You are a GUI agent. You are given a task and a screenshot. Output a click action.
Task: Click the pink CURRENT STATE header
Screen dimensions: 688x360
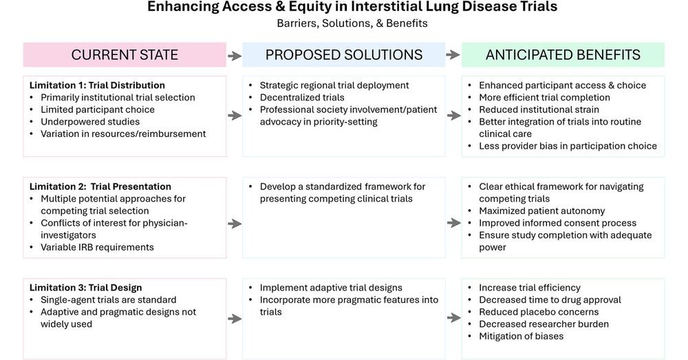125,55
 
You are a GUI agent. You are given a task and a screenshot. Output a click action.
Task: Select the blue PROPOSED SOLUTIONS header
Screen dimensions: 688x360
344,55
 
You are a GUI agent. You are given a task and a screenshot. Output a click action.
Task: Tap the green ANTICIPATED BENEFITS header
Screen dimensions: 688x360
563,55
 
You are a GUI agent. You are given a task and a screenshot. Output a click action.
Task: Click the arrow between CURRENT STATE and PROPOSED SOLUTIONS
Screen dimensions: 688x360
234,55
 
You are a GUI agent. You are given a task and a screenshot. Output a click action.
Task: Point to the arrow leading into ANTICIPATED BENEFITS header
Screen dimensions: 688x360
453,55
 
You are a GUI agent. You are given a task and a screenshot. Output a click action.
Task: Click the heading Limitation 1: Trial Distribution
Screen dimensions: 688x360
97,85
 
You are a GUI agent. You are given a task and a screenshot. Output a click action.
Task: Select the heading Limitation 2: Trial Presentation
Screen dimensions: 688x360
100,187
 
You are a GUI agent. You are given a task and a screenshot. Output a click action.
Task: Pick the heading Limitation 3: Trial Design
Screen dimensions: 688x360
86,288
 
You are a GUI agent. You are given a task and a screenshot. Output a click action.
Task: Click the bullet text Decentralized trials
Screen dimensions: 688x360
302,98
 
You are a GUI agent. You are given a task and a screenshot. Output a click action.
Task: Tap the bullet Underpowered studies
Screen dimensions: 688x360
89,122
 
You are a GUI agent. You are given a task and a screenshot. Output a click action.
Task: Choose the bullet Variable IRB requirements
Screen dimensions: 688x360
97,247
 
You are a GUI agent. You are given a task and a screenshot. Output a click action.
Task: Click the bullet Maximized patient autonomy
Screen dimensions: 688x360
542,211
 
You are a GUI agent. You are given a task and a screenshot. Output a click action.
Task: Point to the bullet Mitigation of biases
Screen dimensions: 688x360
521,336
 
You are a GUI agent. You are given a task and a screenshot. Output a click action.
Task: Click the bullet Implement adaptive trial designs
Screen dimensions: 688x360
331,288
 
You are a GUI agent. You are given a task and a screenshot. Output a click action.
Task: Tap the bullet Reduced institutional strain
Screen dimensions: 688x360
539,109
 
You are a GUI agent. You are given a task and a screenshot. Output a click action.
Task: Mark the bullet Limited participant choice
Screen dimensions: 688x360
98,109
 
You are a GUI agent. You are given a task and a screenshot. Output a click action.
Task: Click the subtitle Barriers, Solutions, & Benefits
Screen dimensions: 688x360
352,23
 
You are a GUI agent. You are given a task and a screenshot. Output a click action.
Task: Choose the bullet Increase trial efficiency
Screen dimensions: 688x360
530,288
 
